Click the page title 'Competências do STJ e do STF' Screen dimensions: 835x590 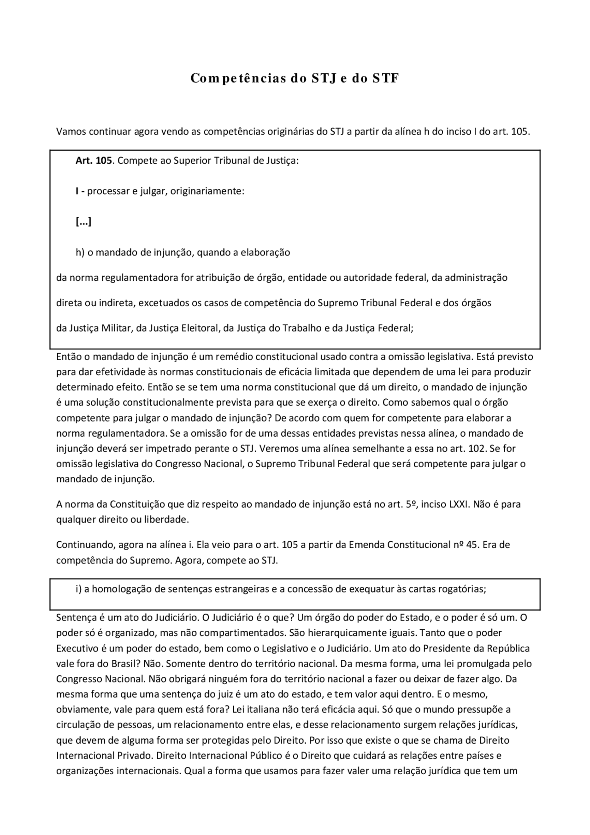(x=295, y=78)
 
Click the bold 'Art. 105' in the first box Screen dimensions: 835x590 (x=94, y=161)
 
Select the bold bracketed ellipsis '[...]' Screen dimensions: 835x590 (x=83, y=222)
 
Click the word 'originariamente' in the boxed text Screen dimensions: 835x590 (x=207, y=191)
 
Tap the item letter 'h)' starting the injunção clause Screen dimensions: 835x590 (x=80, y=253)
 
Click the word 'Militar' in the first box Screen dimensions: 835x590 (x=116, y=328)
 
